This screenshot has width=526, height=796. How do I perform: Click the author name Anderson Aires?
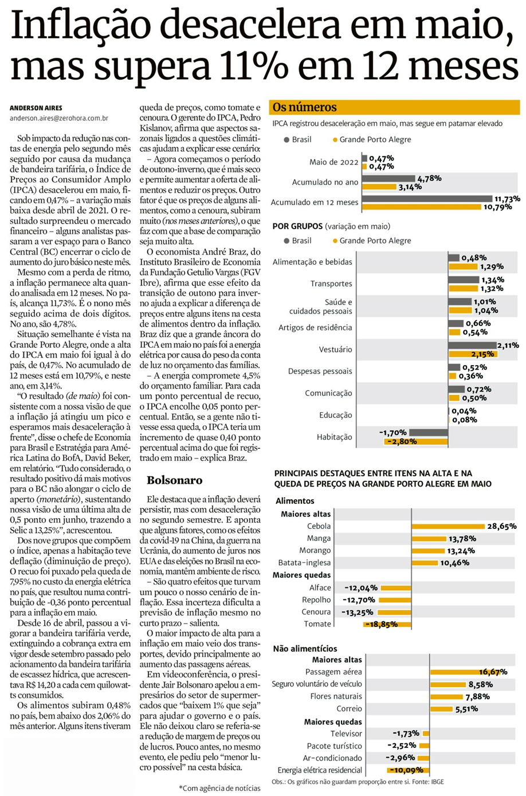click(35, 108)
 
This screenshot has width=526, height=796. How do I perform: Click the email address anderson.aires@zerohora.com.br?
click(59, 118)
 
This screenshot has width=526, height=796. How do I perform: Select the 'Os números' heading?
click(305, 107)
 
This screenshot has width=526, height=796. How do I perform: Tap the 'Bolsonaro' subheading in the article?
click(174, 480)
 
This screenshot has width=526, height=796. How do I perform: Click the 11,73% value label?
click(507, 199)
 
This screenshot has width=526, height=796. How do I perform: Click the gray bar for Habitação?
click(429, 433)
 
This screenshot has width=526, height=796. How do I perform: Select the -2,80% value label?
click(402, 442)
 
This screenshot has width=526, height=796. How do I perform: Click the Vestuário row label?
click(335, 350)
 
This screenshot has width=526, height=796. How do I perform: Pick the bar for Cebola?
click(448, 526)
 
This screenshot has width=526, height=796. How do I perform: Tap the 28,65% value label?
click(501, 526)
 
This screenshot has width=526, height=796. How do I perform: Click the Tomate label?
click(317, 624)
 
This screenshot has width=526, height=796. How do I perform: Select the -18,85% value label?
click(382, 625)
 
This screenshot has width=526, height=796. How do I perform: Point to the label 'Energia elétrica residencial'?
click(320, 770)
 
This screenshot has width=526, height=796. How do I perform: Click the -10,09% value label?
click(407, 770)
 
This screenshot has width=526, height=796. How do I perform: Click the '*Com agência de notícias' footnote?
click(219, 788)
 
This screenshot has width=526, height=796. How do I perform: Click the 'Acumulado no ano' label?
click(325, 182)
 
